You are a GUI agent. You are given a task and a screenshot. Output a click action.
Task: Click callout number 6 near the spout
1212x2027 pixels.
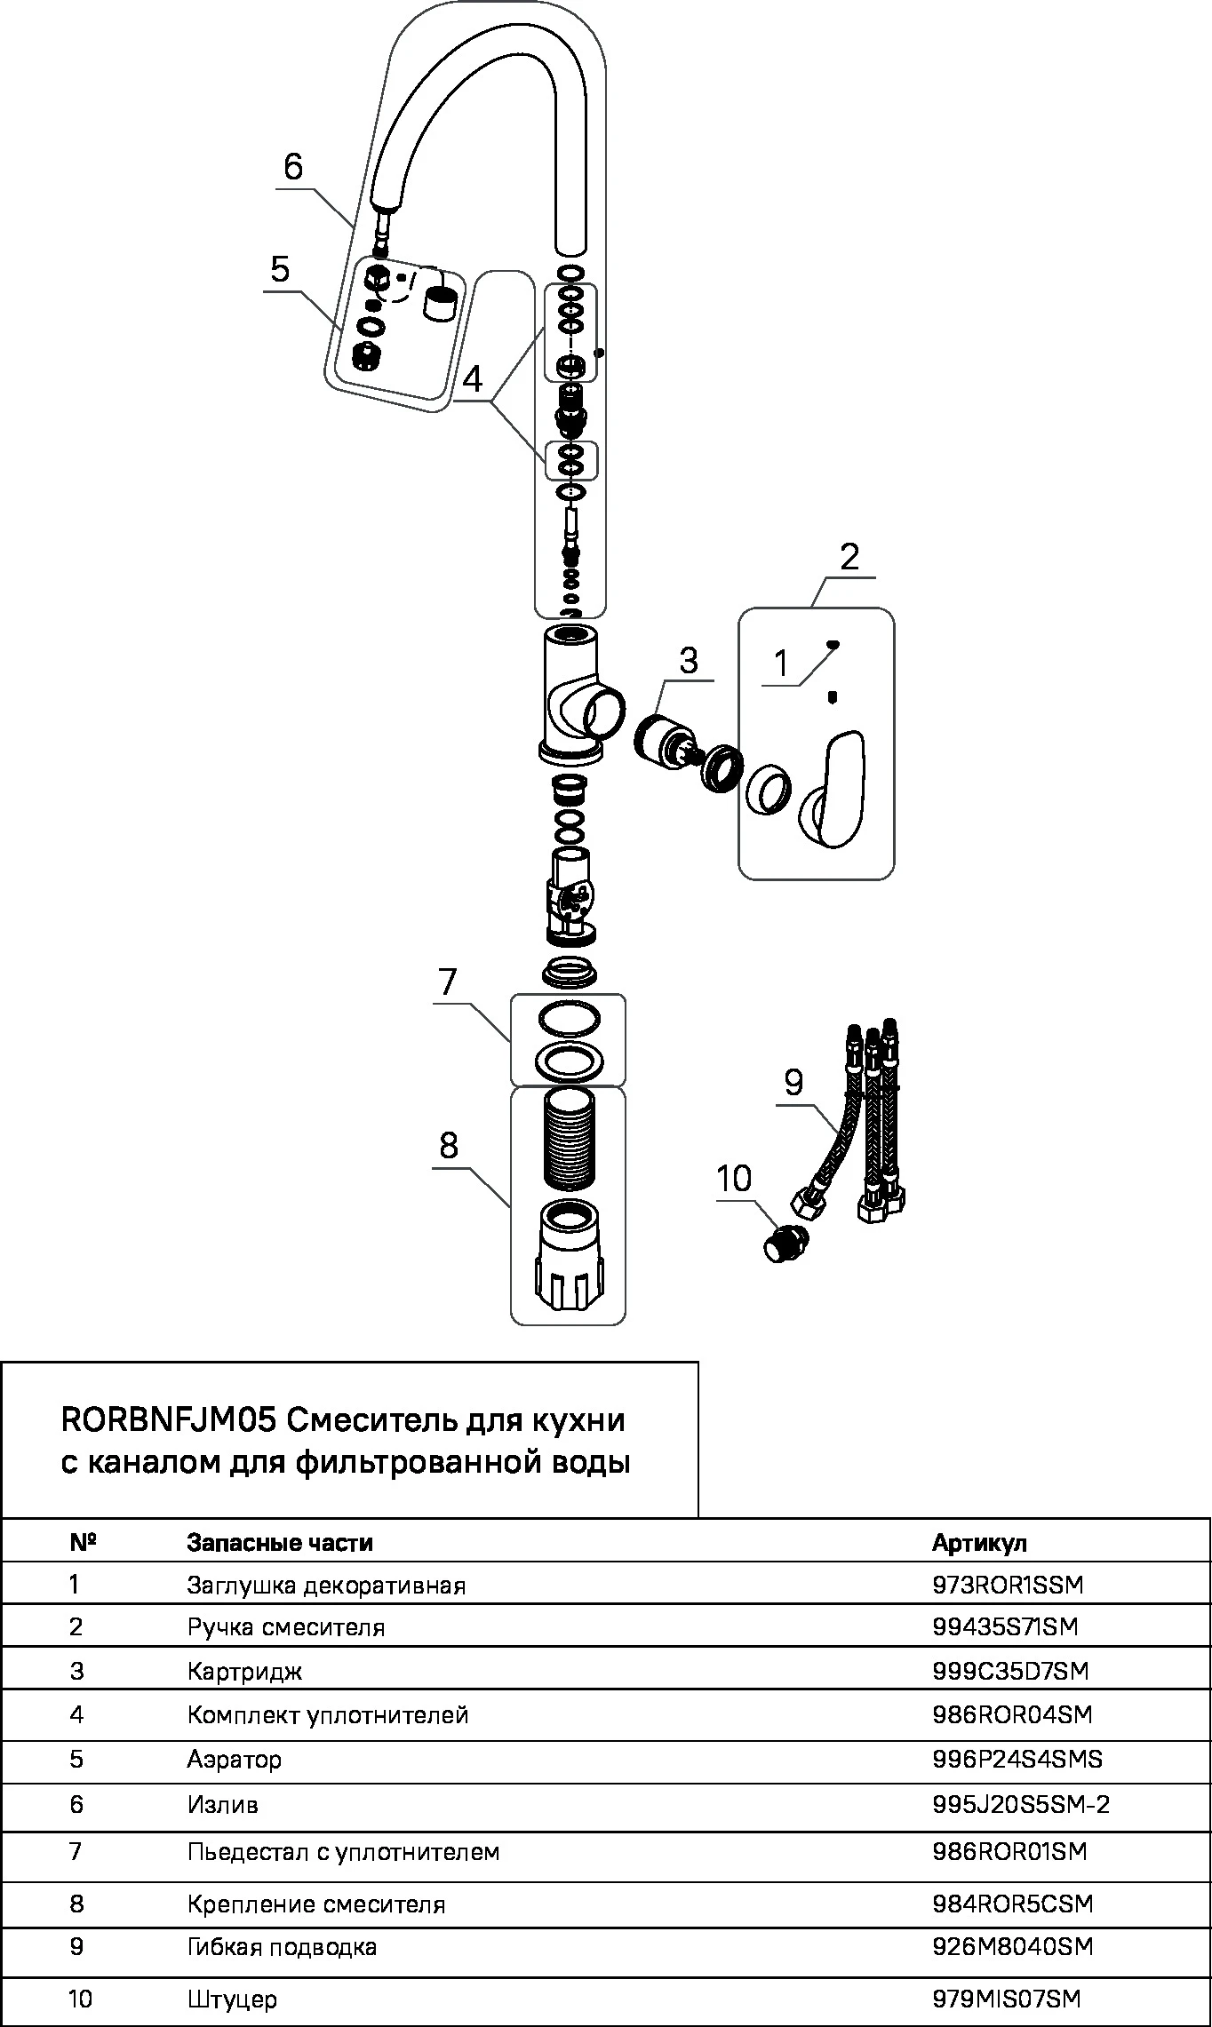tap(293, 167)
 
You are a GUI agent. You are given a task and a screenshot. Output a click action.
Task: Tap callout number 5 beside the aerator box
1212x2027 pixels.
tap(281, 268)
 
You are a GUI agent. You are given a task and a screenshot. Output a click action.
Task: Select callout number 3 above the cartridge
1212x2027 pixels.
tap(688, 661)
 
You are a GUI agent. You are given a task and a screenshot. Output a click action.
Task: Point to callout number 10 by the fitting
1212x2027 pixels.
tap(734, 1180)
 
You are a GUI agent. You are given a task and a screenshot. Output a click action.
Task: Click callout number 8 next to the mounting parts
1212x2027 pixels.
tap(449, 1146)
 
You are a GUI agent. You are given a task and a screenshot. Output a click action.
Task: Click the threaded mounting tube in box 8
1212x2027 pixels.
tap(568, 1139)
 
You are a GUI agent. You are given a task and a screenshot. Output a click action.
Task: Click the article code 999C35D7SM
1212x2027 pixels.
tap(1010, 1671)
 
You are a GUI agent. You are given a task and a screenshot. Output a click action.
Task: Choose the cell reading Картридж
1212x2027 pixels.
tap(245, 1671)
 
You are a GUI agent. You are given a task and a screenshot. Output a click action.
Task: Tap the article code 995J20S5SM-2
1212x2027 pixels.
tap(1021, 1805)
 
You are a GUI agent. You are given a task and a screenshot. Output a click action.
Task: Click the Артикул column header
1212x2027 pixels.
tap(979, 1543)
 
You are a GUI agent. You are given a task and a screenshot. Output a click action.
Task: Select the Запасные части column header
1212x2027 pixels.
tap(280, 1543)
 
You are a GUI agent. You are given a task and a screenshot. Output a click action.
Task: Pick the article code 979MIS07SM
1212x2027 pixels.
tap(1007, 1999)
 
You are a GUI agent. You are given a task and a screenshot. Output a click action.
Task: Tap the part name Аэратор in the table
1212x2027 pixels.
tap(235, 1759)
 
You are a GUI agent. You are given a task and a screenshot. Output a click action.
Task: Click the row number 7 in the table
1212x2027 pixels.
tap(76, 1851)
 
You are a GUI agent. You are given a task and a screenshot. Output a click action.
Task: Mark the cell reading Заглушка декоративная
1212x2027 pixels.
tap(326, 1586)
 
